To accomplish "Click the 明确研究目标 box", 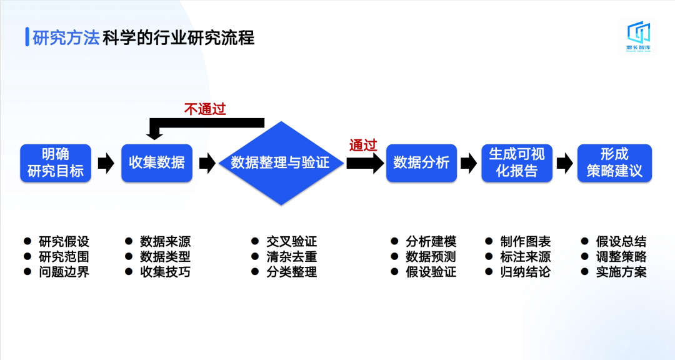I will (56, 163).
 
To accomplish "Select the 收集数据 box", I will (157, 163).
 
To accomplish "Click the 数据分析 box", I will (421, 163).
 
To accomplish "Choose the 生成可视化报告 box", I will (517, 163).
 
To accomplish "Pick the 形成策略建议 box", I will (614, 163).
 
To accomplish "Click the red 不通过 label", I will (204, 109).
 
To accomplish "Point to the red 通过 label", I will (363, 146).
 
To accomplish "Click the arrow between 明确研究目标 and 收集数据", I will (106, 164).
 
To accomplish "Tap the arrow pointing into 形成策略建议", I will (565, 164).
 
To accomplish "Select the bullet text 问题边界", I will (64, 272).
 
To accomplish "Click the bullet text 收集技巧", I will (165, 272).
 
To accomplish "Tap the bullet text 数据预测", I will (431, 257).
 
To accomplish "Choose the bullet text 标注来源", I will (525, 257).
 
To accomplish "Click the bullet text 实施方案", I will (621, 272).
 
